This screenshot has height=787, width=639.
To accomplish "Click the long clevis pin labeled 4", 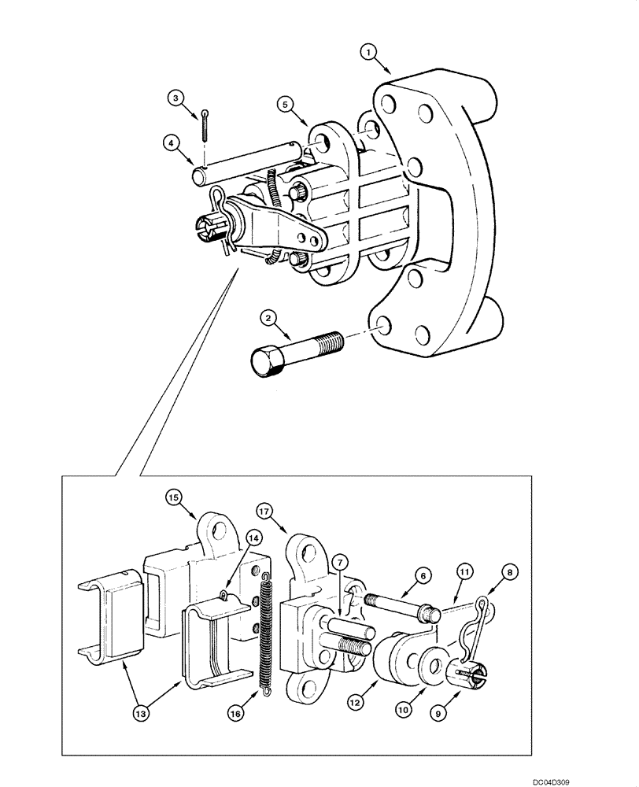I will pos(244,161).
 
